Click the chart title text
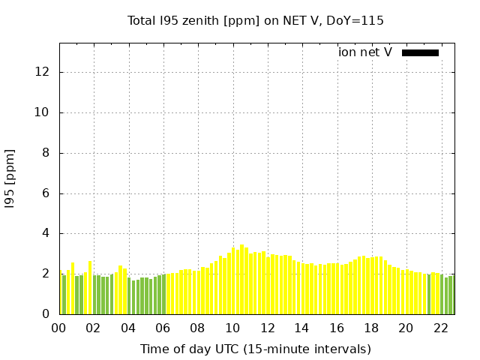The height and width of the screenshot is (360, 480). [x=255, y=20]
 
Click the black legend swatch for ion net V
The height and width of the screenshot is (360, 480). [x=420, y=52]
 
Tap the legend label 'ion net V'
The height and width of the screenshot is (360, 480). [x=365, y=52]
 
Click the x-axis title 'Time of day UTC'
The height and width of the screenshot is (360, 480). [x=255, y=349]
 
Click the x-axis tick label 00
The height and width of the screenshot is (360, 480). [x=58, y=328]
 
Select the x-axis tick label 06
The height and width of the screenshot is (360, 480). [x=163, y=328]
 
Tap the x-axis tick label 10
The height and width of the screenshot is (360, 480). [x=232, y=328]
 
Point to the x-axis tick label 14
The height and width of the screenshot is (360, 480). [x=301, y=328]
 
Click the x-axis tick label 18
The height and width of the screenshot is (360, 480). [x=371, y=328]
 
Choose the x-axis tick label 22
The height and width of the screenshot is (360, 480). [x=441, y=328]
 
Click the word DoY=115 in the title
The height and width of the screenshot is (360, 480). [x=358, y=20]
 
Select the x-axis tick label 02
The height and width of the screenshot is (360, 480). [x=94, y=328]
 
